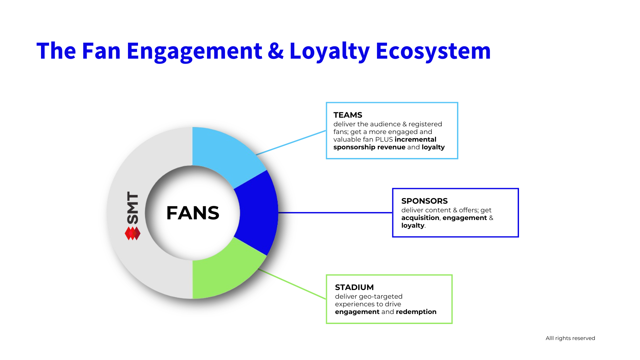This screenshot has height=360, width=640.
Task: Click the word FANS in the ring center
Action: coord(193,213)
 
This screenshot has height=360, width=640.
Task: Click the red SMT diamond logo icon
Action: coord(132,233)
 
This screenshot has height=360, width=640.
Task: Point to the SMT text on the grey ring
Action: coord(132,208)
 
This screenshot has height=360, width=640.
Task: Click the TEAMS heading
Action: coord(348,115)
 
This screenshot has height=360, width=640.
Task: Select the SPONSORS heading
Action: coord(424,201)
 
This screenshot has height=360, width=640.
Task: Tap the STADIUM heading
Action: coord(354,287)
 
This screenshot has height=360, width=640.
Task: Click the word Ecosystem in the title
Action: coord(433,51)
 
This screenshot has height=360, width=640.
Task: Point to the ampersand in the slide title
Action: coord(276,51)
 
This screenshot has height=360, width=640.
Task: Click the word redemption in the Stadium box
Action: coord(416,312)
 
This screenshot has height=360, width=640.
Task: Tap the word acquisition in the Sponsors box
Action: coord(420,218)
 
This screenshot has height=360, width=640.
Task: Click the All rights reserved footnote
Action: coord(570,338)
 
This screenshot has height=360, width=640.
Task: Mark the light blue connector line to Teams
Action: coord(291,143)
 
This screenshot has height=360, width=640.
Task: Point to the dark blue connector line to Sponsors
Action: coord(335,213)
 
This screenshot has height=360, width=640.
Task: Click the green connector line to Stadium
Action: coord(292,284)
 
